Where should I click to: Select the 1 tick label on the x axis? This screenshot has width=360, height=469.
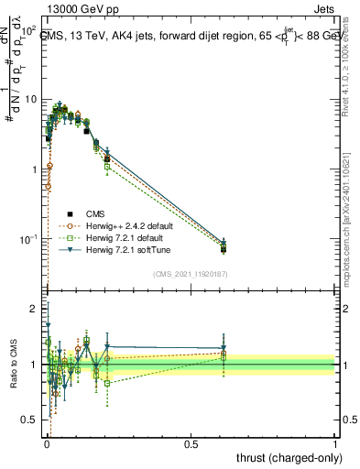click(x=335, y=444)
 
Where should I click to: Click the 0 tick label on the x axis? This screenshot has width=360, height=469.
click(x=47, y=444)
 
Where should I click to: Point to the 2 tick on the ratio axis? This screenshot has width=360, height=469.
click(x=34, y=309)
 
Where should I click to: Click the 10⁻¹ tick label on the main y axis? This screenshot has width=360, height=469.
click(x=28, y=239)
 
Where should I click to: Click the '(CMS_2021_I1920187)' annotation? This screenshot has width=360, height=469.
click(x=190, y=274)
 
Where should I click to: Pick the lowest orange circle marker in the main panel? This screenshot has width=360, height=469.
click(x=48, y=186)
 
